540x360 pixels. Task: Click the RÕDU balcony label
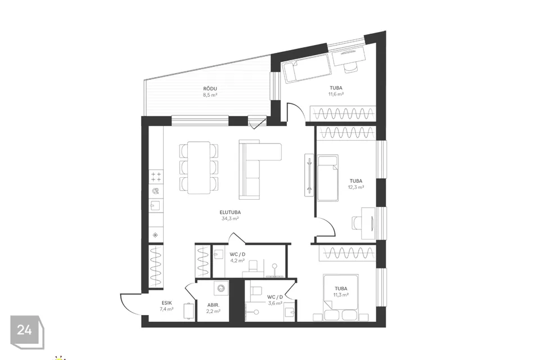(x=210, y=89)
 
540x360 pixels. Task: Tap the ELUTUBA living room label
(x=230, y=212)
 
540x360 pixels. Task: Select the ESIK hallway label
(x=166, y=303)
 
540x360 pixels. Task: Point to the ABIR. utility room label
(x=213, y=305)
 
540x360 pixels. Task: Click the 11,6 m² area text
(x=336, y=94)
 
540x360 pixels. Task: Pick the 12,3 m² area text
(x=356, y=187)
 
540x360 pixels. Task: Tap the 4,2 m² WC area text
(x=237, y=261)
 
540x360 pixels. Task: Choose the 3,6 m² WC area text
(x=275, y=304)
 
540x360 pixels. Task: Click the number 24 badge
(x=24, y=330)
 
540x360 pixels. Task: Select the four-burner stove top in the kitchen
(x=156, y=177)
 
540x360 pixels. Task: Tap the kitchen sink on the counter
(x=156, y=206)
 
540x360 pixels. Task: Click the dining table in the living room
(x=199, y=168)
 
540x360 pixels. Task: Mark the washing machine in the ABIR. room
(x=220, y=288)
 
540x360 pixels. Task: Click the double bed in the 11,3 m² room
(x=341, y=297)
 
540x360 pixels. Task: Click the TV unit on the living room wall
(x=309, y=175)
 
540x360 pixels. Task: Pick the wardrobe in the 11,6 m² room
(x=343, y=114)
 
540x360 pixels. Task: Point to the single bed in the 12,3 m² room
(x=327, y=178)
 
